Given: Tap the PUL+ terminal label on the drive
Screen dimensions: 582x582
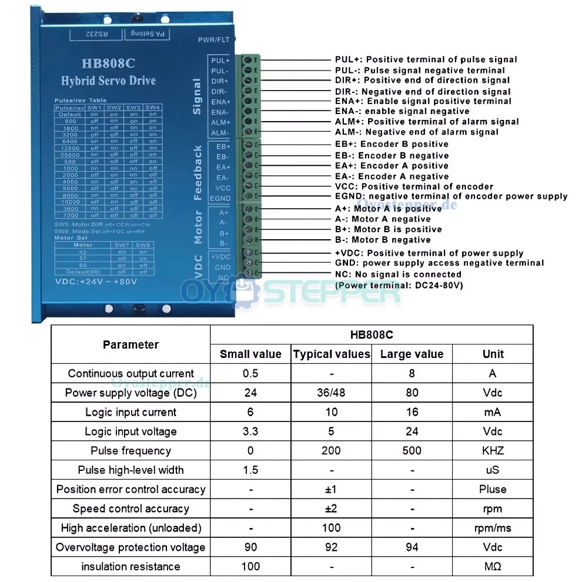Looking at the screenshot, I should click(x=220, y=60).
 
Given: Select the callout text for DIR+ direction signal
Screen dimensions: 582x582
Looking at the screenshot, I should click(x=422, y=80).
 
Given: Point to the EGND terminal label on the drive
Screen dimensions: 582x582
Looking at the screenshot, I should click(x=220, y=199).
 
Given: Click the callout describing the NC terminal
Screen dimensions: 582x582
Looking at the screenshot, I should click(x=398, y=274).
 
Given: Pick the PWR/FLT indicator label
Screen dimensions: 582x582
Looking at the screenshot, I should click(x=214, y=39).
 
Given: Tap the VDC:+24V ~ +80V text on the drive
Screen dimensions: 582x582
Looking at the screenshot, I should click(x=96, y=282).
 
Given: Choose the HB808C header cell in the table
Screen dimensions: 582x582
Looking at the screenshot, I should click(x=372, y=335).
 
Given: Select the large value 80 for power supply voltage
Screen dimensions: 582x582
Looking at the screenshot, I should click(x=412, y=393).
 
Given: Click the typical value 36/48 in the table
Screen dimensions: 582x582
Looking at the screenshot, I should click(x=331, y=393).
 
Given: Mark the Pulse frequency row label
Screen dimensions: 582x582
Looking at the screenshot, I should click(x=131, y=451).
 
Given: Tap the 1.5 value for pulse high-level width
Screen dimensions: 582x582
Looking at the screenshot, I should click(x=250, y=470).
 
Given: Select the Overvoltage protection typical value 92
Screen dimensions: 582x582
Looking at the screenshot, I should click(x=331, y=547).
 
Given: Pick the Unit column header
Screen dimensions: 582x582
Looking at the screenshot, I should click(x=493, y=354).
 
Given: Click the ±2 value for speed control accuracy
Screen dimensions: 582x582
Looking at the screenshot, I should click(x=331, y=509).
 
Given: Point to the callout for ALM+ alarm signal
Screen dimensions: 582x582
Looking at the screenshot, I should click(x=427, y=122).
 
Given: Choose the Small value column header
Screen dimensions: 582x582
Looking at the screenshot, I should click(x=250, y=354).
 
